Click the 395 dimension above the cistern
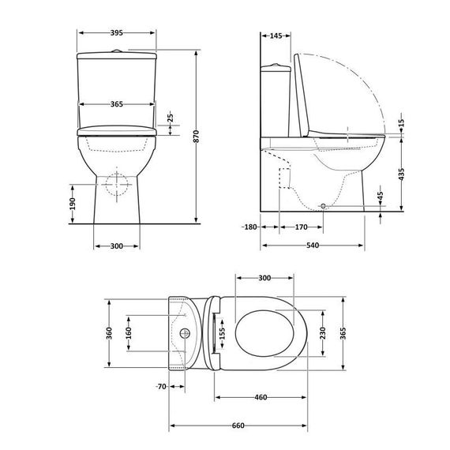click(x=116, y=33)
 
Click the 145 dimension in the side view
click(x=276, y=36)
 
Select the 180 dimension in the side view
click(x=251, y=227)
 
